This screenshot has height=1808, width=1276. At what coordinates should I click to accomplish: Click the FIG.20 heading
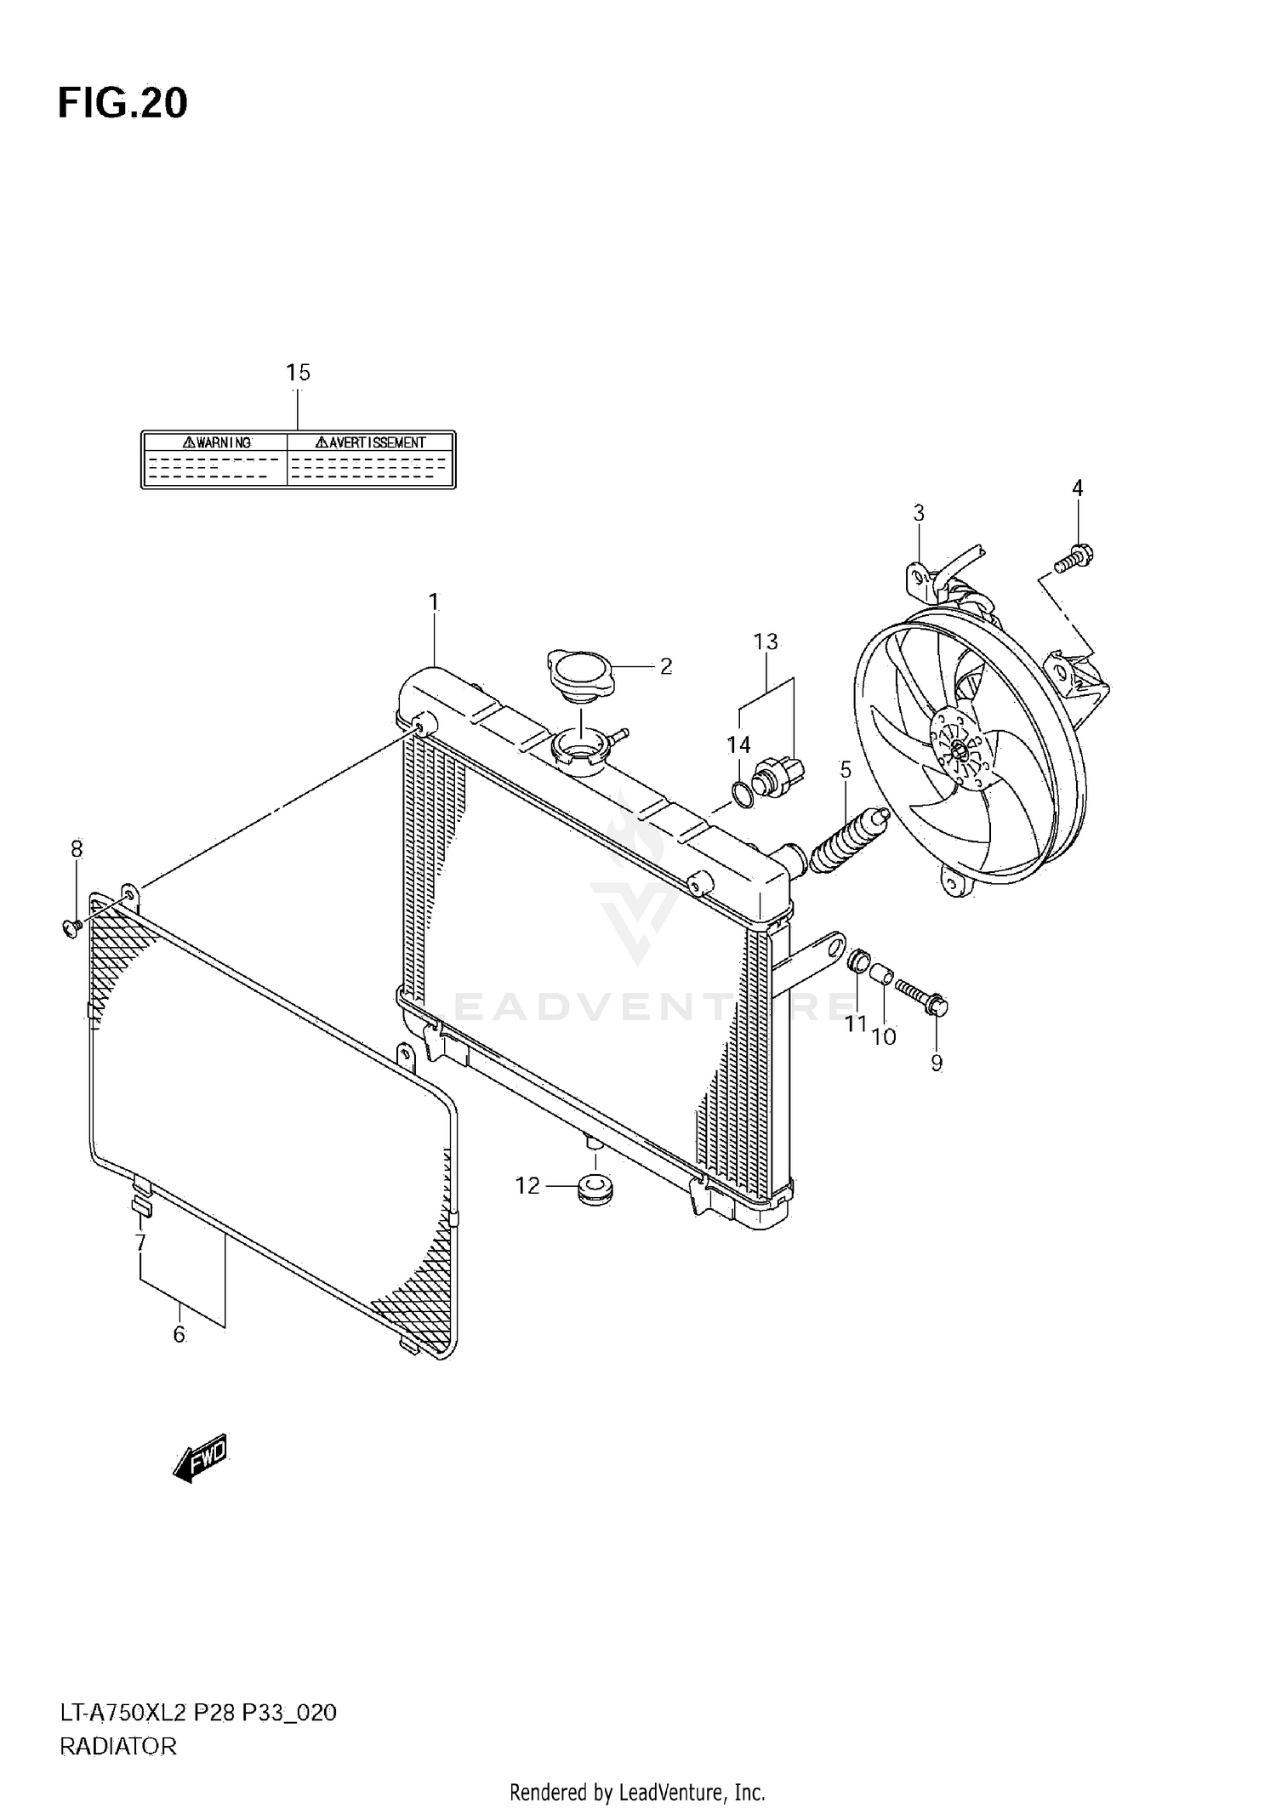click(x=122, y=104)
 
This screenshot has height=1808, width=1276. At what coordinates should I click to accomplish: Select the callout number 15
click(x=298, y=373)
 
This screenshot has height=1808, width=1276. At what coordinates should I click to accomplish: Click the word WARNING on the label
click(x=217, y=442)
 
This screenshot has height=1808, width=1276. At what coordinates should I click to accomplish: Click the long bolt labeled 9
click(x=922, y=996)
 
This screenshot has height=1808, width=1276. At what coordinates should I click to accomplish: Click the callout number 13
click(x=766, y=642)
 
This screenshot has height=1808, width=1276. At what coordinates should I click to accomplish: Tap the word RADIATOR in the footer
click(x=118, y=1747)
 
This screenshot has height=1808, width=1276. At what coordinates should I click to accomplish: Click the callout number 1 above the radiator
click(x=434, y=602)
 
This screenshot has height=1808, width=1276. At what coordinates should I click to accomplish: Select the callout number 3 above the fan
click(x=919, y=513)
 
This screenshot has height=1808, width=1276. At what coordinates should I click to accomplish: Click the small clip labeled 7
click(x=142, y=1208)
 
